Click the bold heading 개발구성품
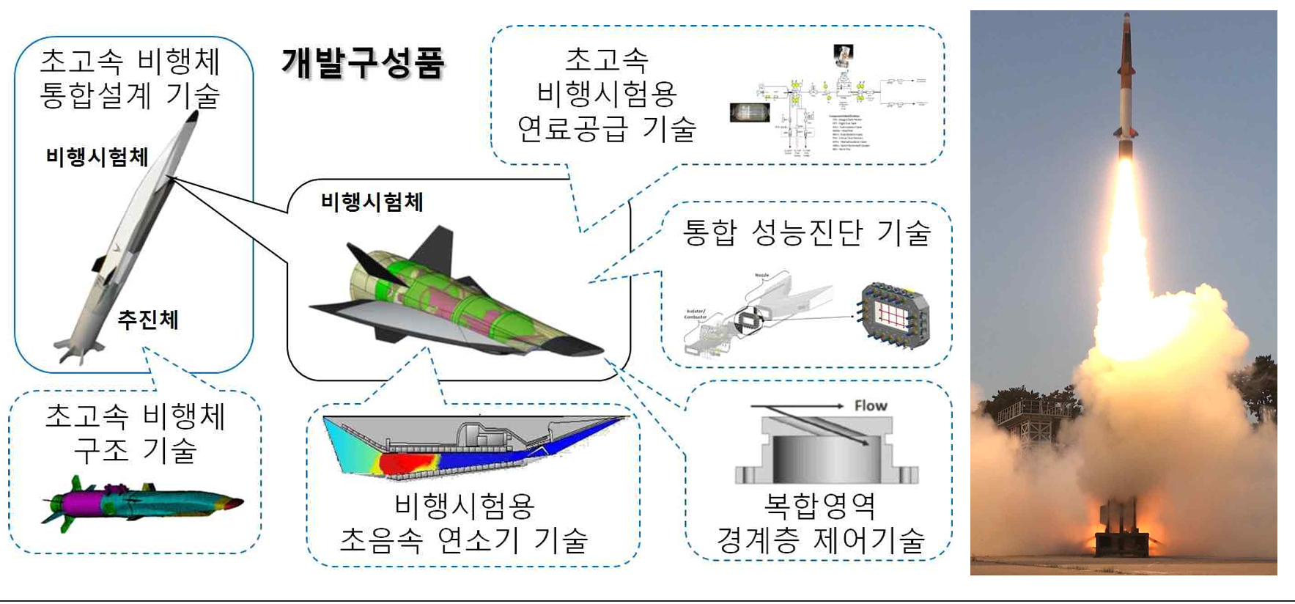pos(363,62)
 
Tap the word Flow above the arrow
pos(870,405)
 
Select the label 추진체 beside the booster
pos(148,320)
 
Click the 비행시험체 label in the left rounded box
pos(97,157)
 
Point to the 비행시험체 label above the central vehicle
pos(372,202)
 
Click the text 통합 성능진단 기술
pos(806,232)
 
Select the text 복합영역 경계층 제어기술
pos(820,523)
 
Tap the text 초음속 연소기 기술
pos(463,540)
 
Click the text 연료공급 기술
pos(606,129)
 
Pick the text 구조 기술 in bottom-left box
pos(135,450)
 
